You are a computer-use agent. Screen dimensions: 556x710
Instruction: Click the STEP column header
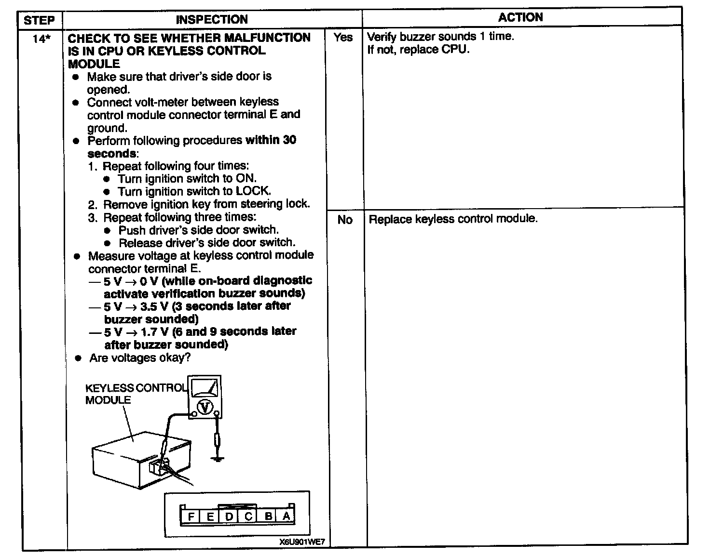39,20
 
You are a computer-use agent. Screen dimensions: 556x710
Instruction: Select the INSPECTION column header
212,20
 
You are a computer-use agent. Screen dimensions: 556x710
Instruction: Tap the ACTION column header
520,18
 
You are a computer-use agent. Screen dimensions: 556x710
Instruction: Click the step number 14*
41,39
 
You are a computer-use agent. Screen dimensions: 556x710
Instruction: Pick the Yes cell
343,37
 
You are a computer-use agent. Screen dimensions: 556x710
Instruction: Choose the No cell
344,220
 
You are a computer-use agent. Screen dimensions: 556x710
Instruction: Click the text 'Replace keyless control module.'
453,219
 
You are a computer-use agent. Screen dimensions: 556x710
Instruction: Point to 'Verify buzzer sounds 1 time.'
440,37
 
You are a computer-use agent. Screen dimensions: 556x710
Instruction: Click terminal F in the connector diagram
191,517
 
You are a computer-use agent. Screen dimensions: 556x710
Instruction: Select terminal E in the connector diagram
210,517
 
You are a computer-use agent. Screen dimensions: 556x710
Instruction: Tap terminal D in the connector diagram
230,517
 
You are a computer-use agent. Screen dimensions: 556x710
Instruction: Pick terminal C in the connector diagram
248,517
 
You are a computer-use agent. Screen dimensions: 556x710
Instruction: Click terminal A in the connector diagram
287,516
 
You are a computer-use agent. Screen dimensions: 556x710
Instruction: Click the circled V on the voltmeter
206,408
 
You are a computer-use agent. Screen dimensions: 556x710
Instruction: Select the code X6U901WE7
302,542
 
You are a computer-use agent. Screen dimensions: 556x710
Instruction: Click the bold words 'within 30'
271,140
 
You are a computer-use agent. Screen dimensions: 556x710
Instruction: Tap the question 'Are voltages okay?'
140,358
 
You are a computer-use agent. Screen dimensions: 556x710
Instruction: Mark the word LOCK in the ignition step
255,191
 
